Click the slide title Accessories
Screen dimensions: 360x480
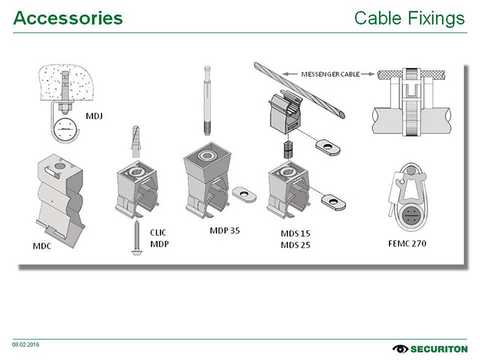68,18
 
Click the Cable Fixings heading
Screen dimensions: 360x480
409,18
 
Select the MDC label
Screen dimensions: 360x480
42,246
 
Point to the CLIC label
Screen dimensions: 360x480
159,232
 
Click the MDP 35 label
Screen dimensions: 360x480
225,230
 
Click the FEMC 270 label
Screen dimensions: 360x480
407,244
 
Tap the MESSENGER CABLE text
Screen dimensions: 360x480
330,74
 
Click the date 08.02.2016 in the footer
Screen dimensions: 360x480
25,345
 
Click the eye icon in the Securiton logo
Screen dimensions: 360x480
400,348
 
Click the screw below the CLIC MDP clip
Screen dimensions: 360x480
135,240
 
